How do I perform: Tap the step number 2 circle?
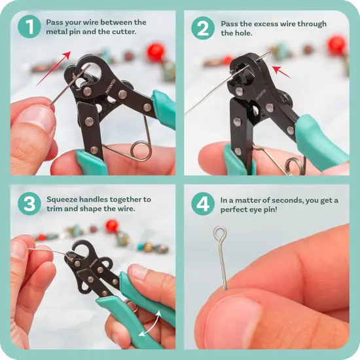(x=202, y=27)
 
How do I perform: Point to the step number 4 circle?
(x=202, y=204)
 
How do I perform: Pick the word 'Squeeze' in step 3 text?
(x=62, y=199)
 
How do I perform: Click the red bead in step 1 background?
(x=156, y=52)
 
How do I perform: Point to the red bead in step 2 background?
(x=336, y=45)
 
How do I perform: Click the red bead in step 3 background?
(x=112, y=225)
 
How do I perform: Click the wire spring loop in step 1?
(x=139, y=149)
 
